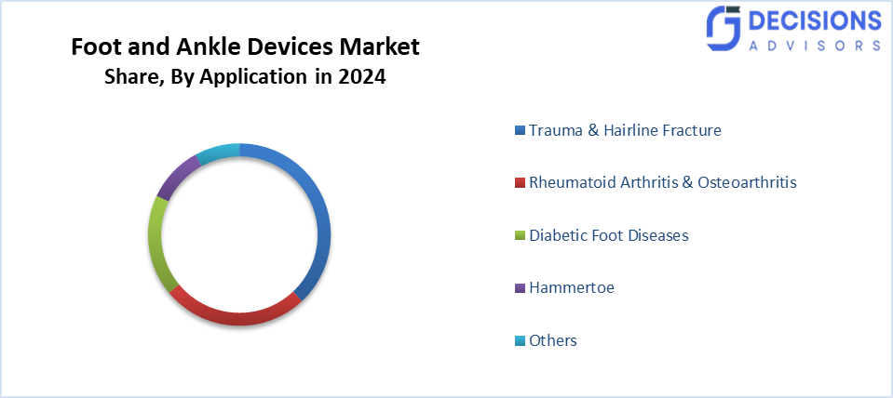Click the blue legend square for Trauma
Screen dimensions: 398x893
tap(521, 131)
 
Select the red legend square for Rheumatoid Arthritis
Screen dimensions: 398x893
tap(521, 183)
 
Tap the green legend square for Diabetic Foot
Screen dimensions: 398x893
tap(521, 236)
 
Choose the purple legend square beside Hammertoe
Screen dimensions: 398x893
tap(521, 288)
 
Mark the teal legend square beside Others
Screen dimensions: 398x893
tap(521, 341)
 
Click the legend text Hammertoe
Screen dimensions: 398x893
tap(571, 287)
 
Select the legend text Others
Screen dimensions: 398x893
tap(553, 340)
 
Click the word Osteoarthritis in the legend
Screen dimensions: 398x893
tap(746, 182)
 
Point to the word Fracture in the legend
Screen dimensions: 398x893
tap(688, 130)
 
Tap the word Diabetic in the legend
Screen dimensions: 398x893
tap(558, 235)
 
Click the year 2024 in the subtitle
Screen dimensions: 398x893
tap(362, 78)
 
